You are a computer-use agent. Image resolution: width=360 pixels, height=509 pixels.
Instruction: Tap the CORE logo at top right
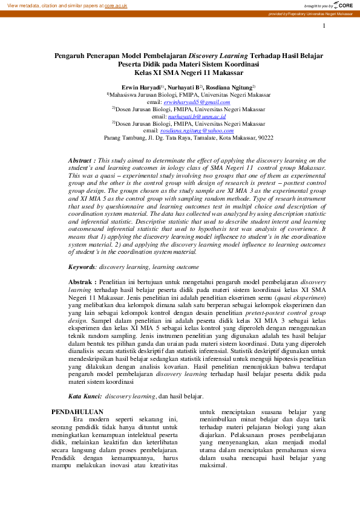[x=345, y=5]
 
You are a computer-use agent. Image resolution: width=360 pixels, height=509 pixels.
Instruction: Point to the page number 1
[x=325, y=26]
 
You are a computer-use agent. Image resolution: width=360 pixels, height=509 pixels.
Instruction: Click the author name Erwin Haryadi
[x=141, y=88]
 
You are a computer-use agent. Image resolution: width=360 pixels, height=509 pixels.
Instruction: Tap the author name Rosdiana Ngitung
[x=227, y=88]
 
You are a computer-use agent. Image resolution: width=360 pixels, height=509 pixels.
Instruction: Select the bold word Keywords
[x=82, y=266]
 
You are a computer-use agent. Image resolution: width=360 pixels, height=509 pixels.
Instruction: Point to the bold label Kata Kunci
[x=83, y=397]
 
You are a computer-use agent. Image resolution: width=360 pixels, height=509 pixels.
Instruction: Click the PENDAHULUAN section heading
[x=77, y=412]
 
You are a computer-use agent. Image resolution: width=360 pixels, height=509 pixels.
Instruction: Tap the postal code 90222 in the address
[x=264, y=138]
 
